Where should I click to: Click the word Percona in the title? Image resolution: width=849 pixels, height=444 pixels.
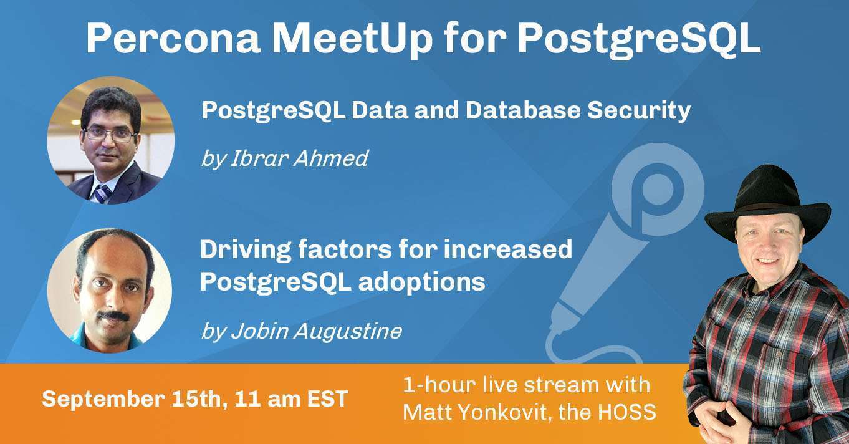[x=171, y=39]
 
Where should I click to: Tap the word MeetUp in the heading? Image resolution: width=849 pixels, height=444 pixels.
[x=352, y=39]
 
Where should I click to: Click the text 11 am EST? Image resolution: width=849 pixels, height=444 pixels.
[x=292, y=399]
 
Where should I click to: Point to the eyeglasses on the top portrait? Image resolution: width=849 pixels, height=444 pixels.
[x=110, y=133]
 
